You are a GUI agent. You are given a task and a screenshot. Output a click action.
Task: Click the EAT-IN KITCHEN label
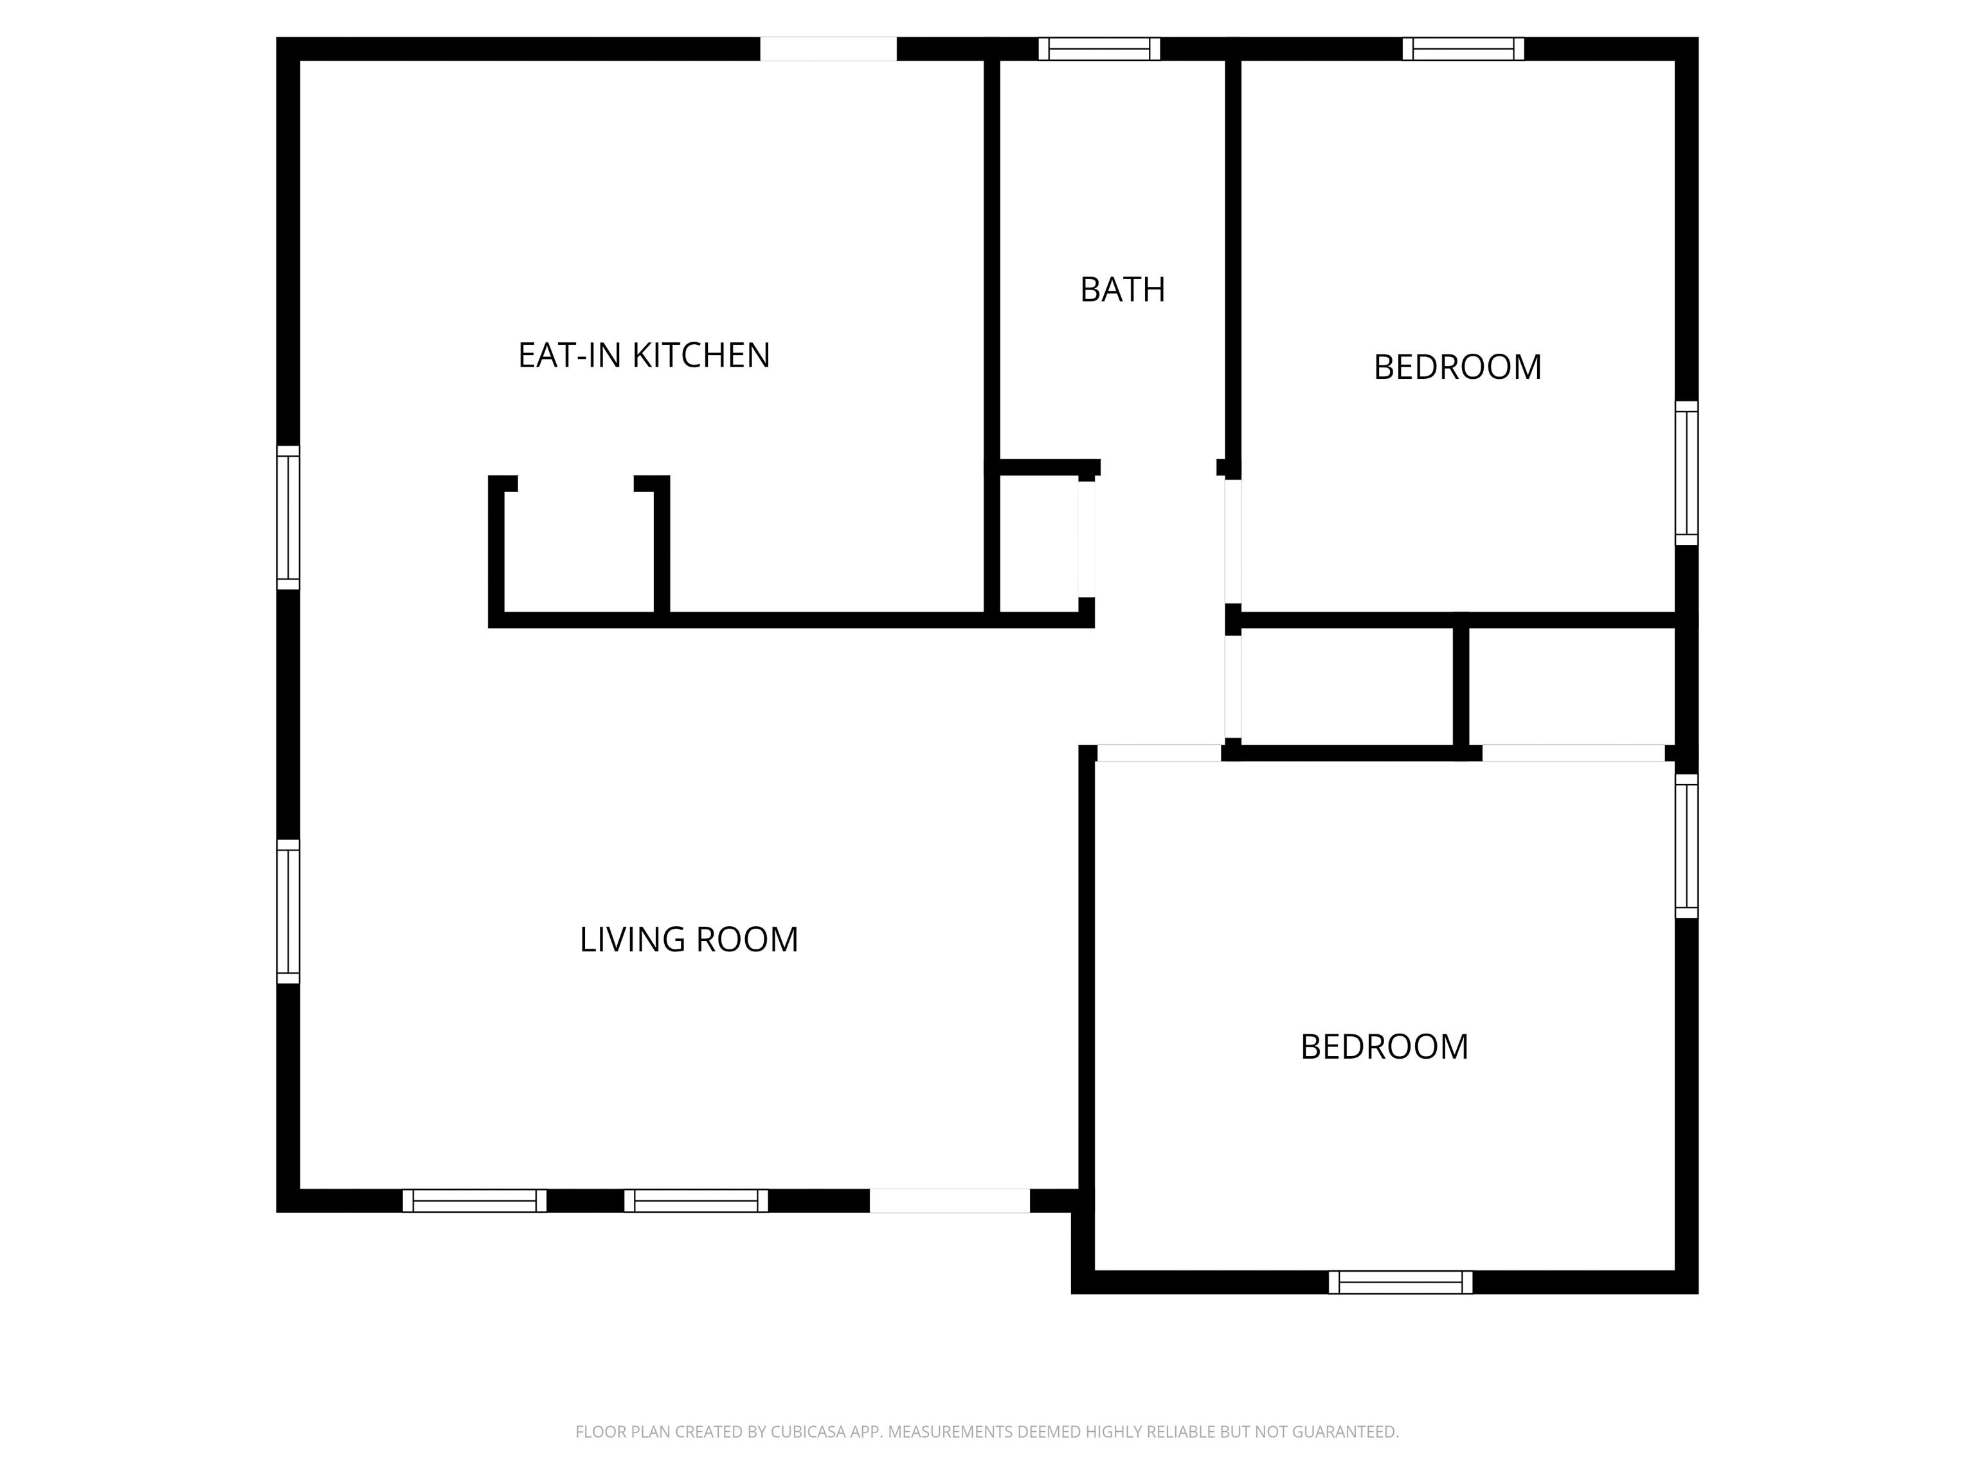pyautogui.click(x=644, y=356)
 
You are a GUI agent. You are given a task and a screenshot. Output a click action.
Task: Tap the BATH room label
pyautogui.click(x=1123, y=289)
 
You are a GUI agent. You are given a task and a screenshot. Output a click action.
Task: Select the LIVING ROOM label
pyautogui.click(x=689, y=940)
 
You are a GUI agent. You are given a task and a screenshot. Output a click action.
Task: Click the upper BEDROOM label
pyautogui.click(x=1457, y=367)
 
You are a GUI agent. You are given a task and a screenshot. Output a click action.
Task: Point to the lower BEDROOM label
pyautogui.click(x=1384, y=1047)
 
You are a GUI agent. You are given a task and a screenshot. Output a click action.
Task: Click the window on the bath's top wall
pyautogui.click(x=1099, y=49)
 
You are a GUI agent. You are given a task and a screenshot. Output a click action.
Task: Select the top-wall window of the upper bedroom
pyautogui.click(x=1463, y=49)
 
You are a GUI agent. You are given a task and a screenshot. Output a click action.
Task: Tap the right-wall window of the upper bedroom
pyautogui.click(x=1686, y=473)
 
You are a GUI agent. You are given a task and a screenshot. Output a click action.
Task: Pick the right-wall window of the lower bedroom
pyautogui.click(x=1686, y=845)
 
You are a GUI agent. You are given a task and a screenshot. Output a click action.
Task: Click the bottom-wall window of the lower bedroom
pyautogui.click(x=1400, y=1282)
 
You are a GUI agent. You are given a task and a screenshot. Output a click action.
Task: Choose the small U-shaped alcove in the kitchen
pyautogui.click(x=579, y=551)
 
